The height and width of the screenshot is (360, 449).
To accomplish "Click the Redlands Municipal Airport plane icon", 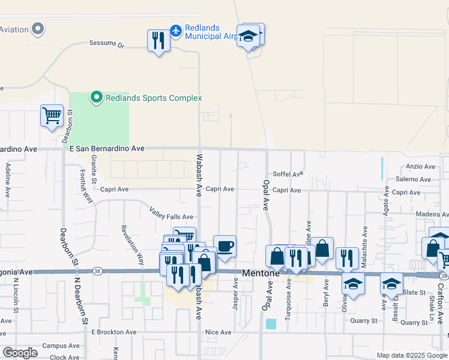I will click(x=176, y=30).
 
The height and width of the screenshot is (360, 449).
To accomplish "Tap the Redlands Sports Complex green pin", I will click(x=95, y=97).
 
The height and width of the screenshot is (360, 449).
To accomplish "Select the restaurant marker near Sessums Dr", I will click(x=158, y=41).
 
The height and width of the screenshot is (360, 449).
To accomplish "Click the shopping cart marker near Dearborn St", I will click(x=52, y=115).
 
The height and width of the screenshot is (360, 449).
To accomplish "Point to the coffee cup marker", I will click(x=224, y=246).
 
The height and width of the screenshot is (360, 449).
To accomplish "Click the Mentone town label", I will click(x=261, y=273).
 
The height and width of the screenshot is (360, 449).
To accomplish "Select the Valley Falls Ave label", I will click(x=172, y=217).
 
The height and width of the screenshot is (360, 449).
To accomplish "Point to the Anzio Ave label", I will click(x=420, y=166).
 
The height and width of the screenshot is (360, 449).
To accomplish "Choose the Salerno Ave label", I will click(x=413, y=179).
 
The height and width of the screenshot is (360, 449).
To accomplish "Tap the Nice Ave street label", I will click(x=218, y=332).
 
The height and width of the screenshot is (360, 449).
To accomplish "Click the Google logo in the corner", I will click(x=20, y=353).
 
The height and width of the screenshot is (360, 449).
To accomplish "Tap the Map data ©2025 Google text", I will click(x=412, y=355).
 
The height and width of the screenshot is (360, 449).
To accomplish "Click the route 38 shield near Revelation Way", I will click(x=97, y=272).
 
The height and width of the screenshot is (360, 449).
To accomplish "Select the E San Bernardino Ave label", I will click(x=107, y=148).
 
